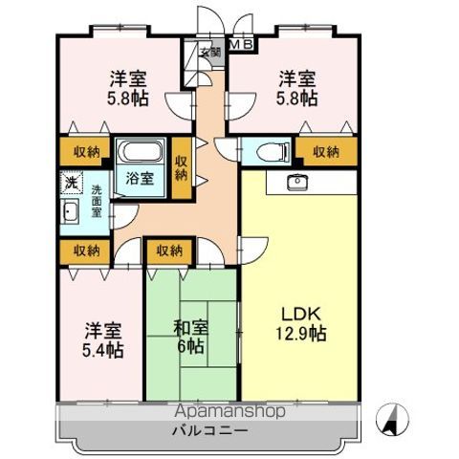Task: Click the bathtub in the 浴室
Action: pyautogui.click(x=141, y=152)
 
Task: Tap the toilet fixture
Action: pyautogui.click(x=273, y=152)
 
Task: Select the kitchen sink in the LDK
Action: pyautogui.click(x=297, y=182)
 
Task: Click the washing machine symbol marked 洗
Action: pyautogui.click(x=72, y=182)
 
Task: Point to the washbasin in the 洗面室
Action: pyautogui.click(x=70, y=211)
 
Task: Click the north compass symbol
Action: pyautogui.click(x=392, y=419)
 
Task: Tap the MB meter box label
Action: pyautogui.click(x=241, y=44)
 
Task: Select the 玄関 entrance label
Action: pyautogui.click(x=210, y=53)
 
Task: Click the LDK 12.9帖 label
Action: pyautogui.click(x=300, y=324)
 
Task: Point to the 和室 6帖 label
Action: pyautogui.click(x=190, y=337)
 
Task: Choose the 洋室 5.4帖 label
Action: pyautogui.click(x=102, y=340)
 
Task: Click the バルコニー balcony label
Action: pyautogui.click(x=210, y=431)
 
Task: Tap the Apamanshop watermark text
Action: pyautogui.click(x=229, y=411)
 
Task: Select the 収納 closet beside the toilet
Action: pyautogui.click(x=326, y=151)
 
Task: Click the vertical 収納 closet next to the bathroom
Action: pyautogui.click(x=182, y=167)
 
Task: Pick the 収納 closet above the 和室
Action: pyautogui.click(x=170, y=251)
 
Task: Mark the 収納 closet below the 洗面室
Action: pyautogui.click(x=85, y=251)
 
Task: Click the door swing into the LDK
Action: pyautogui.click(x=253, y=251)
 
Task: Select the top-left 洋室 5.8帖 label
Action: pyautogui.click(x=128, y=88)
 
